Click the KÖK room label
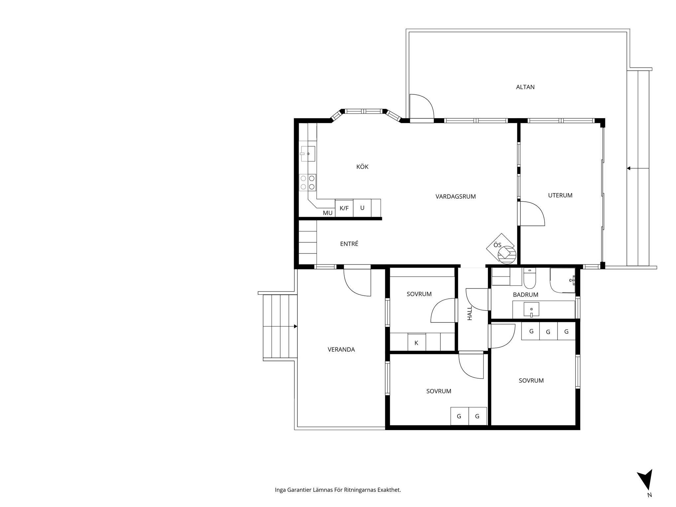(x=362, y=167)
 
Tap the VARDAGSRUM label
(x=456, y=196)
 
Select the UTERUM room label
(x=560, y=195)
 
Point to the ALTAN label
(x=525, y=87)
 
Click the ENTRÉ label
(x=349, y=244)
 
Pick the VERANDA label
(x=341, y=349)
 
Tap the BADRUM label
(x=525, y=294)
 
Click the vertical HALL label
(x=469, y=313)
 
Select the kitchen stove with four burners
(x=307, y=182)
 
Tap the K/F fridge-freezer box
(x=344, y=208)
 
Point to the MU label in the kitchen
(x=327, y=213)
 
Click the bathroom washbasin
(x=531, y=309)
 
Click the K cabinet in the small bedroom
(x=416, y=342)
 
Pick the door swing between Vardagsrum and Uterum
(x=532, y=213)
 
